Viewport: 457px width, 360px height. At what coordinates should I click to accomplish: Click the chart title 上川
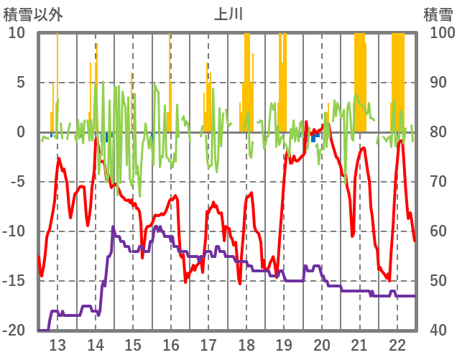pos(228,14)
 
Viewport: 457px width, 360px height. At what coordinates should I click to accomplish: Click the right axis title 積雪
pos(438,14)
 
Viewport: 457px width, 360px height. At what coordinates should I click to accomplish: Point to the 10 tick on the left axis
pos(17,33)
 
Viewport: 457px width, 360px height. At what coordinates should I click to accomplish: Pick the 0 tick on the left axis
pos(21,132)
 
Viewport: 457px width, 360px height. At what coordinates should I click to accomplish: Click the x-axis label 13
pos(57,344)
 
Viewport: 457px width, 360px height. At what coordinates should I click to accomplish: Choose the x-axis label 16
pos(170,344)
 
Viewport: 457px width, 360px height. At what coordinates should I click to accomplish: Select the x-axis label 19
pos(284,344)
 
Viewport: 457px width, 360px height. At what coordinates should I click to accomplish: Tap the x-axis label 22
pos(397,344)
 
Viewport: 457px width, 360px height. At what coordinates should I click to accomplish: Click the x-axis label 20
pos(321,344)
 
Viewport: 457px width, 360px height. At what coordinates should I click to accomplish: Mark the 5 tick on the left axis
pos(21,83)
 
